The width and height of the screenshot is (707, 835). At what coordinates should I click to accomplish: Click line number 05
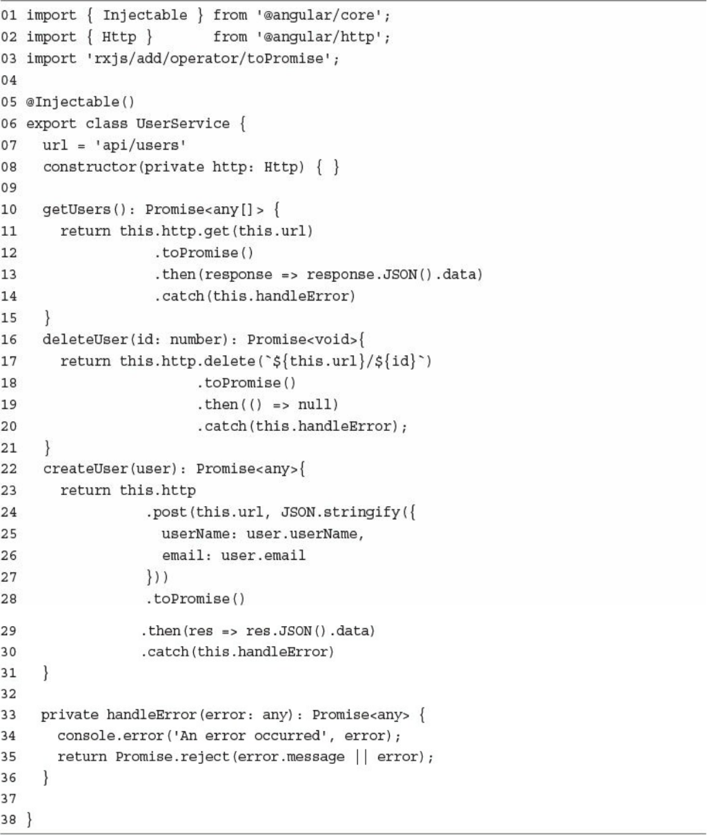pyautogui.click(x=10, y=102)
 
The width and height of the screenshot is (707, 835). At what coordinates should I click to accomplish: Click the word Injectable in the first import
pyautogui.click(x=145, y=15)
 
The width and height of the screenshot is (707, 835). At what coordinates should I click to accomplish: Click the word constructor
pyautogui.click(x=90, y=167)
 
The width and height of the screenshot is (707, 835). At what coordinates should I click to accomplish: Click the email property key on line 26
pyautogui.click(x=183, y=555)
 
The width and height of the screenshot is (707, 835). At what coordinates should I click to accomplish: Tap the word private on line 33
pyautogui.click(x=69, y=714)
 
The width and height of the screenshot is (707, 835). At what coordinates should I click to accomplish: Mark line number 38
pyautogui.click(x=10, y=821)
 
